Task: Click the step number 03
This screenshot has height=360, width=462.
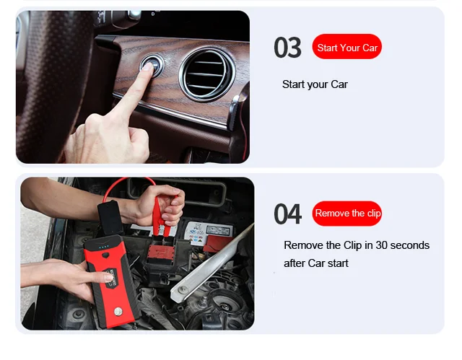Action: click(x=287, y=48)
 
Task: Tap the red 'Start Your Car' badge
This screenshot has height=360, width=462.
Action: click(x=346, y=46)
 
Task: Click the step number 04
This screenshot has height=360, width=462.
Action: click(x=287, y=214)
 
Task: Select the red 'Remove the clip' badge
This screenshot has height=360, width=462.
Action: click(x=346, y=214)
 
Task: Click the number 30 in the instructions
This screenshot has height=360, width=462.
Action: click(x=381, y=245)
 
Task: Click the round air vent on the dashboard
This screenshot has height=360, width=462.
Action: click(x=207, y=74)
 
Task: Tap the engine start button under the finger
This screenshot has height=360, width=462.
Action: click(x=152, y=66)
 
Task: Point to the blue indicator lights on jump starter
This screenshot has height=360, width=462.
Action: click(x=104, y=247)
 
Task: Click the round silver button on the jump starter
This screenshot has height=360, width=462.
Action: click(x=118, y=311)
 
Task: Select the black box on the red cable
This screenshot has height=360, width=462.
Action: click(x=110, y=217)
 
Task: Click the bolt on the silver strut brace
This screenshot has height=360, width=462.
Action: click(x=183, y=289)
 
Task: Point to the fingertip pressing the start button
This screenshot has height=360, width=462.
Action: click(x=148, y=67)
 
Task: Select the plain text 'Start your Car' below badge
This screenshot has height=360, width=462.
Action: click(x=315, y=84)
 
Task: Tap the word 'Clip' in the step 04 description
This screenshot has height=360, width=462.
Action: click(x=352, y=245)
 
